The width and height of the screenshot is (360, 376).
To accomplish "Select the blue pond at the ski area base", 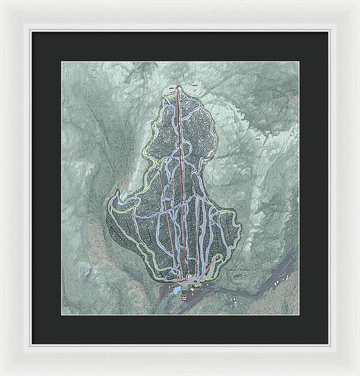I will [x=177, y=293].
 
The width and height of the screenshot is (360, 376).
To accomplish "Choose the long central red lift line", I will [x=182, y=180].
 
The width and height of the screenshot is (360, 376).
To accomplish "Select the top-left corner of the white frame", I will [x=2, y=2].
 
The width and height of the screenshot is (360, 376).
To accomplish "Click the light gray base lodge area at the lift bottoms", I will [x=191, y=279].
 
